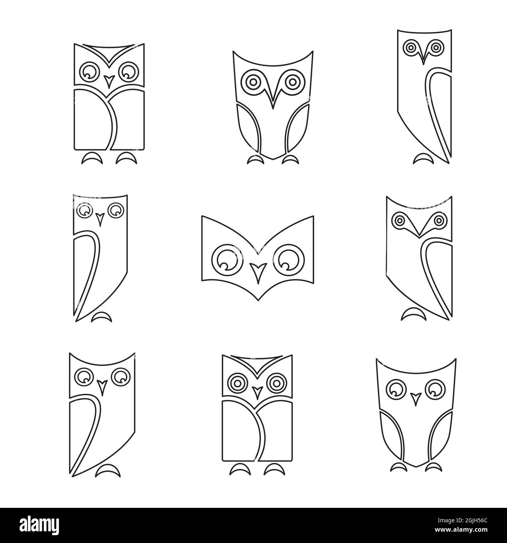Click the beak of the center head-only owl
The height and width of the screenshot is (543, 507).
click(x=257, y=271)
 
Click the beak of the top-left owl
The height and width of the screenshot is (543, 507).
click(x=109, y=80)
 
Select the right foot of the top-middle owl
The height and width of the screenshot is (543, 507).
click(x=290, y=159)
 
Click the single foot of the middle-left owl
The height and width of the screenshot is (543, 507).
click(x=102, y=317)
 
